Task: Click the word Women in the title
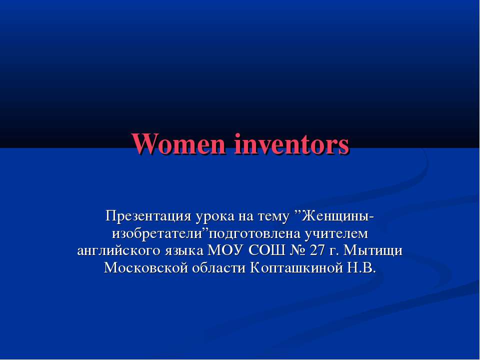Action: click(176, 144)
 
